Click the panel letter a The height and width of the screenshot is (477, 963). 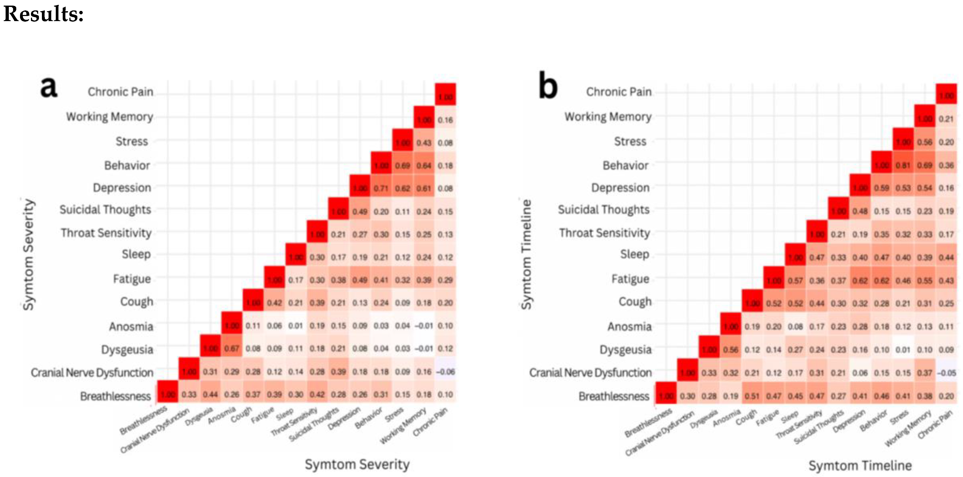49,87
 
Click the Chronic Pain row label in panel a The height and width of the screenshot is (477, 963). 120,92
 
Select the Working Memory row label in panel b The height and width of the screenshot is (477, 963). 608,117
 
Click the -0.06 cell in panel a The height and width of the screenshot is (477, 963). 445,372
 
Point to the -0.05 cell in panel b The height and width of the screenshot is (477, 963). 946,373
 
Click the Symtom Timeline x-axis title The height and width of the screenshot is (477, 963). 860,466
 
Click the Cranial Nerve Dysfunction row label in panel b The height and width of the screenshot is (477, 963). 590,373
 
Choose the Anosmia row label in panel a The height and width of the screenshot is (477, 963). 131,327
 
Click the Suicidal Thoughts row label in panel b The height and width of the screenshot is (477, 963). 603,210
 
